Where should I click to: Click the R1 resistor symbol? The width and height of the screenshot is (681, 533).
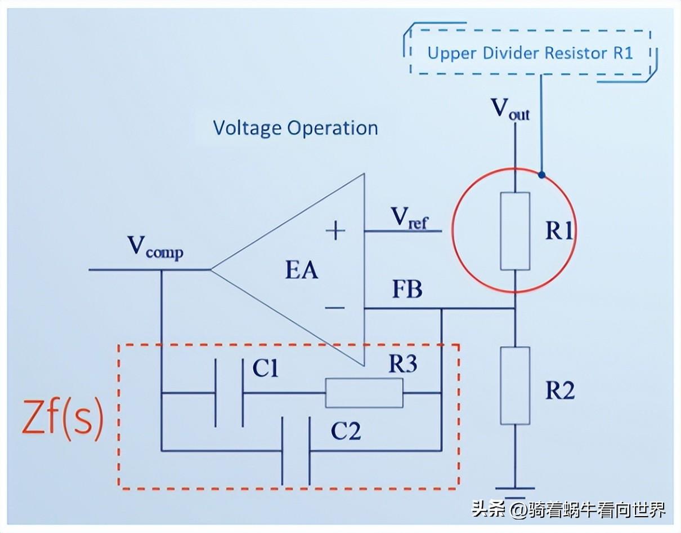(515, 231)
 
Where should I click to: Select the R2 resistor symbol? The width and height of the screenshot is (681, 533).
(515, 385)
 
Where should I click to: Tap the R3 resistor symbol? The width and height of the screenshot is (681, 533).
(364, 393)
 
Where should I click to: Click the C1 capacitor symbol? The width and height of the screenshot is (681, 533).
(230, 393)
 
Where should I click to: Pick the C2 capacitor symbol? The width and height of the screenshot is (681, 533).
(296, 451)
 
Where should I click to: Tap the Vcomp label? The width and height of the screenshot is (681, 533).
(155, 248)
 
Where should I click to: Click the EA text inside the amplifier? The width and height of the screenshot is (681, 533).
(302, 270)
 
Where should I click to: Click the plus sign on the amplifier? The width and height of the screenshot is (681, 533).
(336, 230)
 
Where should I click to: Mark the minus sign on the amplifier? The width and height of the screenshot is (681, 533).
(335, 308)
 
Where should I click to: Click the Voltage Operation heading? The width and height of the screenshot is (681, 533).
(295, 128)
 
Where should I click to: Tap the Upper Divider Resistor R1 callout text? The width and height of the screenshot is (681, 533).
(530, 53)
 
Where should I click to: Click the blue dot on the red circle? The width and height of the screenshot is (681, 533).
(541, 175)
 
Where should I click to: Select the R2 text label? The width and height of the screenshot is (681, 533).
(559, 390)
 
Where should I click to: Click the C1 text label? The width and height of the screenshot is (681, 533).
(265, 369)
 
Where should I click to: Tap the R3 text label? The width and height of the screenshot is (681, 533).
(402, 365)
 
